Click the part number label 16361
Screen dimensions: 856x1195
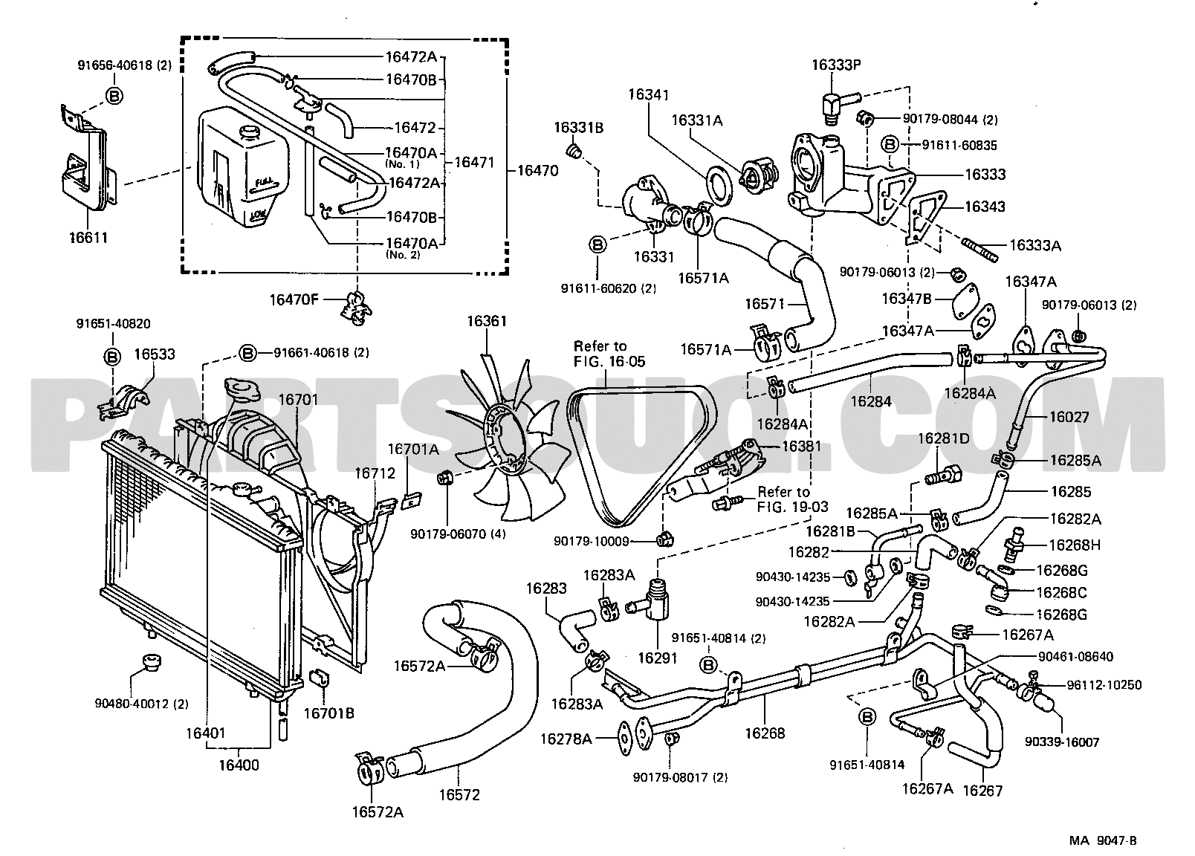coord(486,321)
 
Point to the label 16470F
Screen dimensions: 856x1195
coord(294,299)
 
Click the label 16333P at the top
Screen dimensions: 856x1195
coord(835,65)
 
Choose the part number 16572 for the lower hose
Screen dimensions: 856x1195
coord(459,794)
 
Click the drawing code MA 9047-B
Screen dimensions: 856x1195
coord(1103,840)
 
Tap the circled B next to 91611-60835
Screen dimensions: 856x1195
coord(891,144)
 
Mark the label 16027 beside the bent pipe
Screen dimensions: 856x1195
coord(1069,417)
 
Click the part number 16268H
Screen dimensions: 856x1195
coord(1074,545)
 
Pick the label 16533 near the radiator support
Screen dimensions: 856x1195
coord(155,354)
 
